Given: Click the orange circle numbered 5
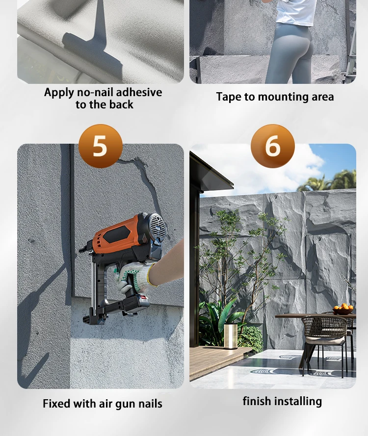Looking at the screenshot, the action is click(x=101, y=146).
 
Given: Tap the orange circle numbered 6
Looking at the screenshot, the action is click(x=273, y=146).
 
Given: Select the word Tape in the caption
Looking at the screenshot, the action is click(x=228, y=97).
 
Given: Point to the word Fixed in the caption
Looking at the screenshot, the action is click(x=56, y=404).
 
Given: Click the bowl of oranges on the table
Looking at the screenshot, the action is click(x=343, y=309).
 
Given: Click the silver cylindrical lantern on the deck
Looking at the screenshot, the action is click(x=231, y=336).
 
